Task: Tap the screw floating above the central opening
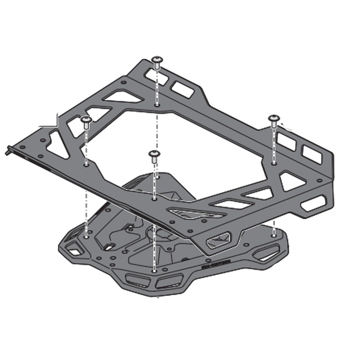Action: tap(154, 156)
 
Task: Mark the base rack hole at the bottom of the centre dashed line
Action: tap(154, 271)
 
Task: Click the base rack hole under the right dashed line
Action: tap(273, 234)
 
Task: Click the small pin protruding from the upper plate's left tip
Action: tap(10, 150)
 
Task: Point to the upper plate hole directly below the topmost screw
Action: tap(157, 105)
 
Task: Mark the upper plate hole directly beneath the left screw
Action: tap(86, 165)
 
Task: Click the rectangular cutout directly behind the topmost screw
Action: tap(182, 89)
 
